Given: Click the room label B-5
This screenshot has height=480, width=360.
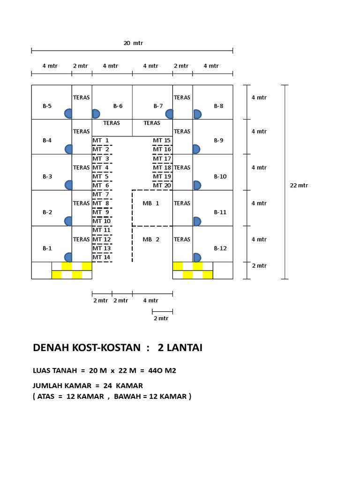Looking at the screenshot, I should (47, 106).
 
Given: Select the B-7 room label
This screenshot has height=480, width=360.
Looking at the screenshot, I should (158, 106).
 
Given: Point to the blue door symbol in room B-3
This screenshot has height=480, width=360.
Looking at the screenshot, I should (69, 185).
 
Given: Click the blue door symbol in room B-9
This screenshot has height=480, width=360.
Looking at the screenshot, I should (196, 149).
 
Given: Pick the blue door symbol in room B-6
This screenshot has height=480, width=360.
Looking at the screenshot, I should (96, 113).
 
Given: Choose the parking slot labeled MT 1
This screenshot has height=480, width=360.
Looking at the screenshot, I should (101, 140).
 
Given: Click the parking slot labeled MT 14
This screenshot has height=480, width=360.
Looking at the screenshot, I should (101, 257).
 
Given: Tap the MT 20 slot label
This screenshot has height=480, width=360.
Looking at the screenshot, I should (162, 185).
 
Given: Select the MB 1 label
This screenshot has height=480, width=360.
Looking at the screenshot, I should (151, 203).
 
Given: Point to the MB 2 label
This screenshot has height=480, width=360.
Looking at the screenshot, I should (151, 240).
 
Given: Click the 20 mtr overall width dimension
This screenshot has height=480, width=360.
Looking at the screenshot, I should (133, 43).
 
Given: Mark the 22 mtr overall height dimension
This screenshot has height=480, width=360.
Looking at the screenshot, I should (299, 185).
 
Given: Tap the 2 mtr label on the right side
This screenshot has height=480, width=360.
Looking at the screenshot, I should (259, 266).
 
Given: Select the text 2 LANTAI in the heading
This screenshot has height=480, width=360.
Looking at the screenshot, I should (180, 348).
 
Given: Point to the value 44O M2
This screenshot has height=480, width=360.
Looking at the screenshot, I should (158, 371).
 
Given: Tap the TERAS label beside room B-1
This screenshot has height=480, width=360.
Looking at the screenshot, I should (81, 239).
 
